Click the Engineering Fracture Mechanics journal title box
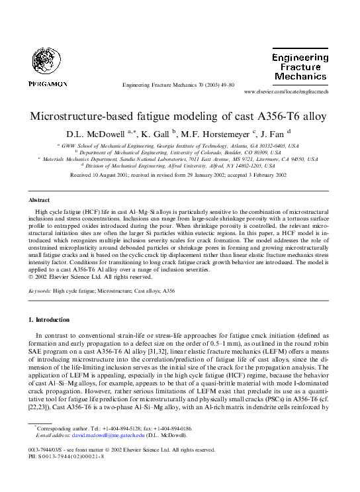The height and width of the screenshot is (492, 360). [300, 67]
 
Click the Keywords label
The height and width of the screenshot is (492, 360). [41, 290]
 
